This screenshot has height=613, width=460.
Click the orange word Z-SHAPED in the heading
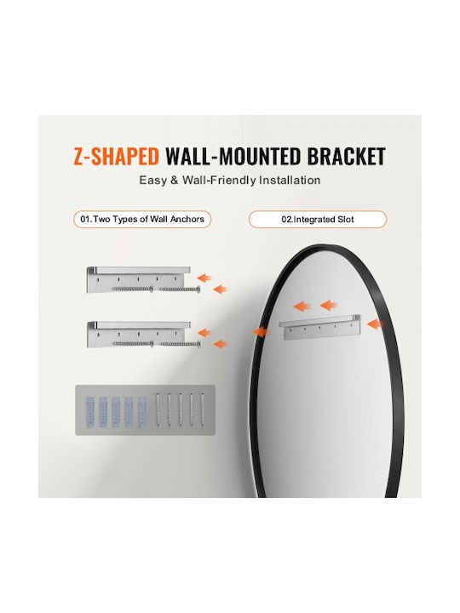116,157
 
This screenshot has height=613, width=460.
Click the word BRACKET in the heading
346,157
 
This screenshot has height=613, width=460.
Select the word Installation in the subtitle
290,180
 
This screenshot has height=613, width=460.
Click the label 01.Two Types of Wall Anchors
142,220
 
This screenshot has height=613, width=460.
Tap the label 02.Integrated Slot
318,220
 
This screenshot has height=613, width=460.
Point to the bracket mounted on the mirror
319,326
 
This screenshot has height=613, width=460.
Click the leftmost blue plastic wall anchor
90,412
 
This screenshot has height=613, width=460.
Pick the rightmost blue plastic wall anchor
142,412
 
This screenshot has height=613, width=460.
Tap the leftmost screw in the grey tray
158,410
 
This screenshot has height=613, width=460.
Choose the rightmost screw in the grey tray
203,410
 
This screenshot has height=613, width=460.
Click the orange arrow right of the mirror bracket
375,324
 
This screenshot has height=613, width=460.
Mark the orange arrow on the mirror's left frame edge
261,332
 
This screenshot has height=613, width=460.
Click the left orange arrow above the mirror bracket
302,306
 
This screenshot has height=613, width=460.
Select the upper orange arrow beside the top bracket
204,278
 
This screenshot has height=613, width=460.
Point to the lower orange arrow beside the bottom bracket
221,344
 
